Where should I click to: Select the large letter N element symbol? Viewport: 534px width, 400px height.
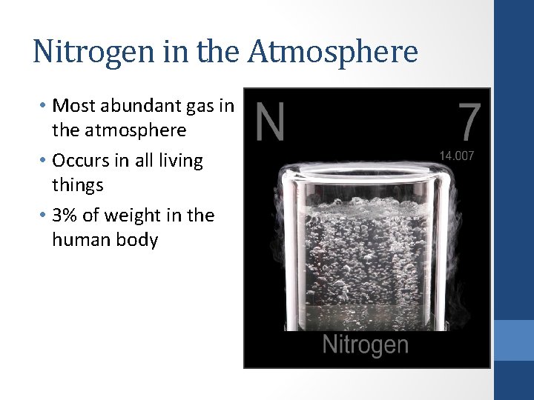click(x=270, y=122)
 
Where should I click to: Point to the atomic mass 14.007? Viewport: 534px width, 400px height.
click(x=457, y=156)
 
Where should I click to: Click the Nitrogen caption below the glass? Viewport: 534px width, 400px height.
click(x=365, y=344)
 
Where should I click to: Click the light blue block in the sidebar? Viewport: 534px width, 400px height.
click(x=513, y=340)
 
